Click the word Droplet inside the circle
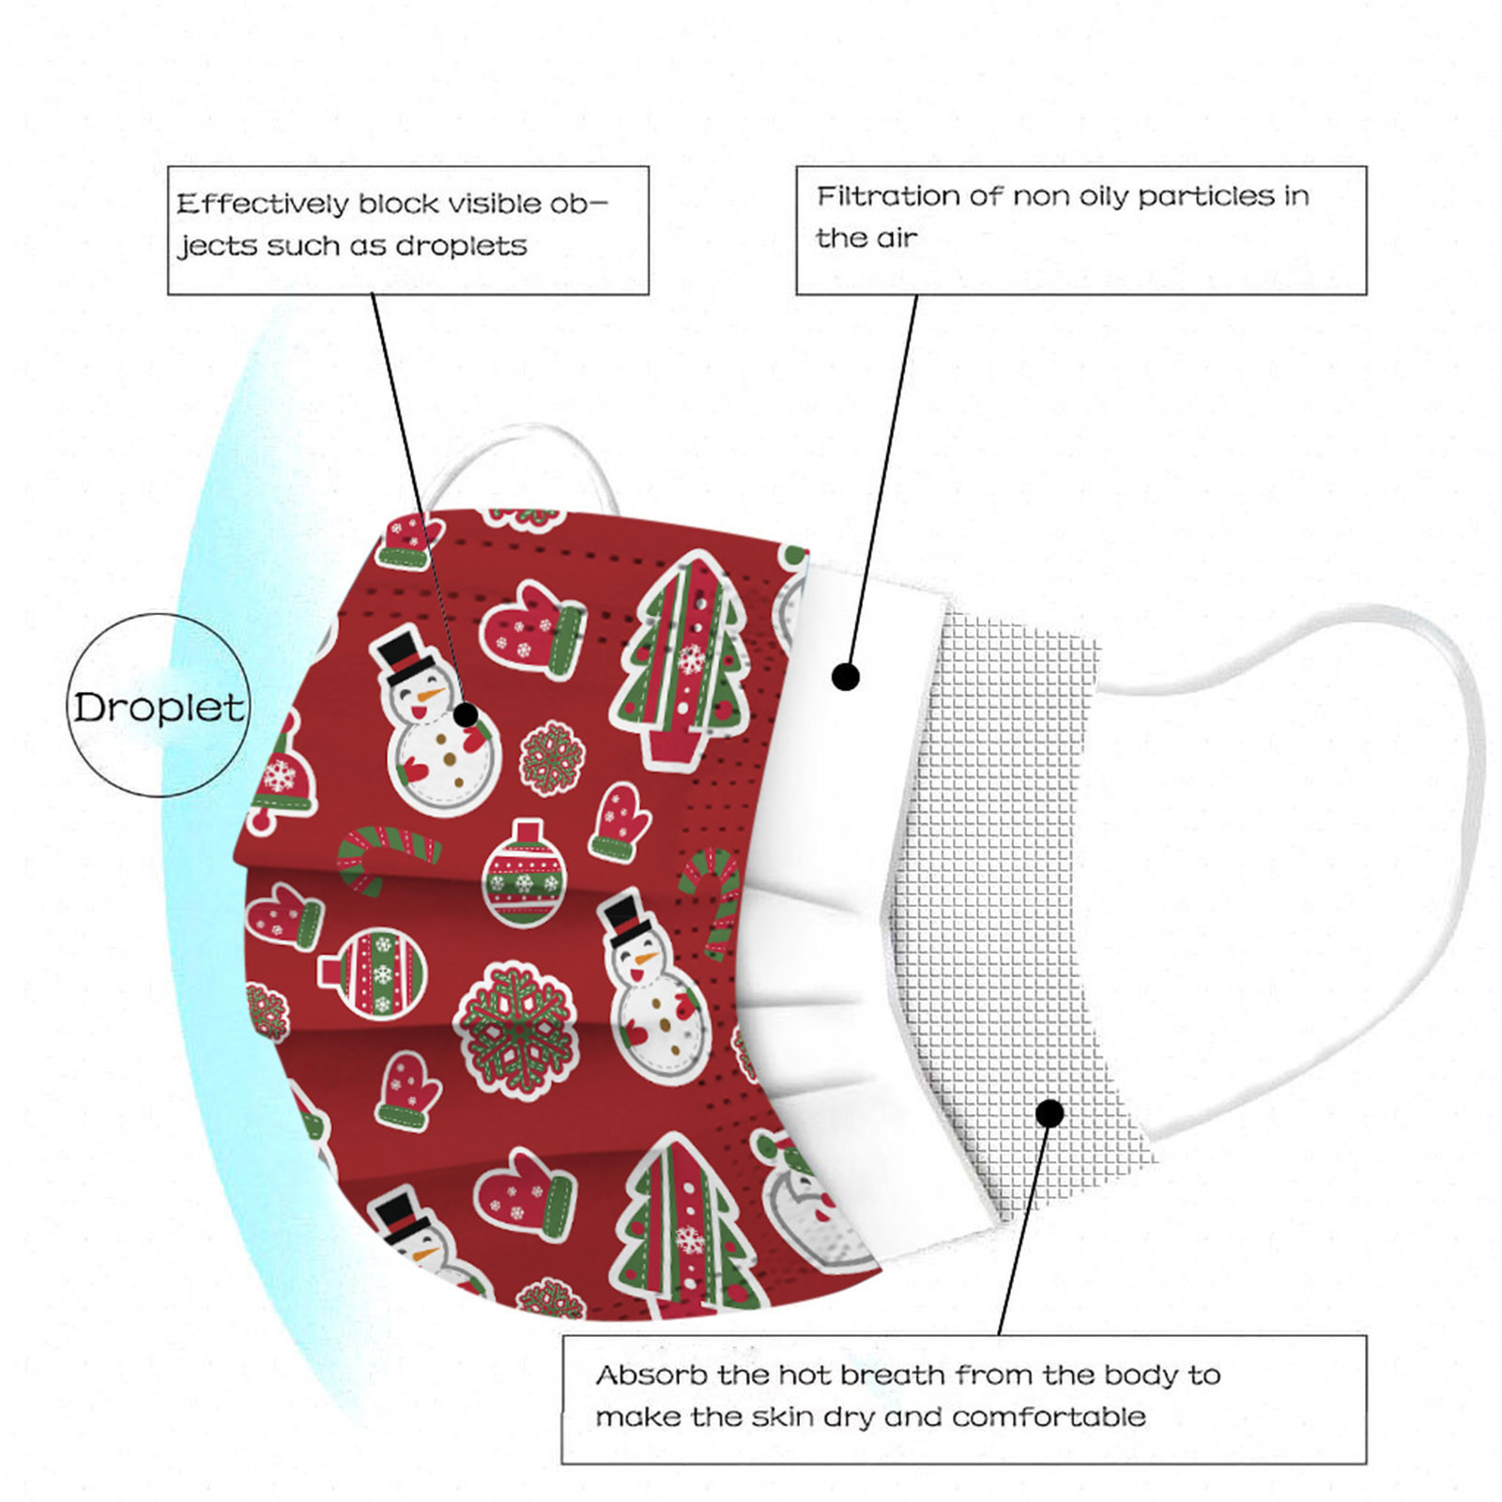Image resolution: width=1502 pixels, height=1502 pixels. pyautogui.click(x=159, y=707)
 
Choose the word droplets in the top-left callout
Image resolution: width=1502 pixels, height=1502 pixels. pyautogui.click(x=461, y=246)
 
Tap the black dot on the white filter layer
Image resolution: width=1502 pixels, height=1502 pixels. pyautogui.click(x=846, y=676)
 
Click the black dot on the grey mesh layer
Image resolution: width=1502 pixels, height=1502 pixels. pyautogui.click(x=1050, y=1113)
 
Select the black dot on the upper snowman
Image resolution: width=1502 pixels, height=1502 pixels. pyautogui.click(x=466, y=715)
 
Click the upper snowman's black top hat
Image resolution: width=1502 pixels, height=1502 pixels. pyautogui.click(x=406, y=655)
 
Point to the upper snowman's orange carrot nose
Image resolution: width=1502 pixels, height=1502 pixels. pyautogui.click(x=431, y=696)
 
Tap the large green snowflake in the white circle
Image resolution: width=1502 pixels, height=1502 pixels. pyautogui.click(x=514, y=1029)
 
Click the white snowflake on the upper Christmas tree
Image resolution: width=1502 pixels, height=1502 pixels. pyautogui.click(x=692, y=658)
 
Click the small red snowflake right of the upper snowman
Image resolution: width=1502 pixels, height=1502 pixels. pyautogui.click(x=552, y=759)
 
